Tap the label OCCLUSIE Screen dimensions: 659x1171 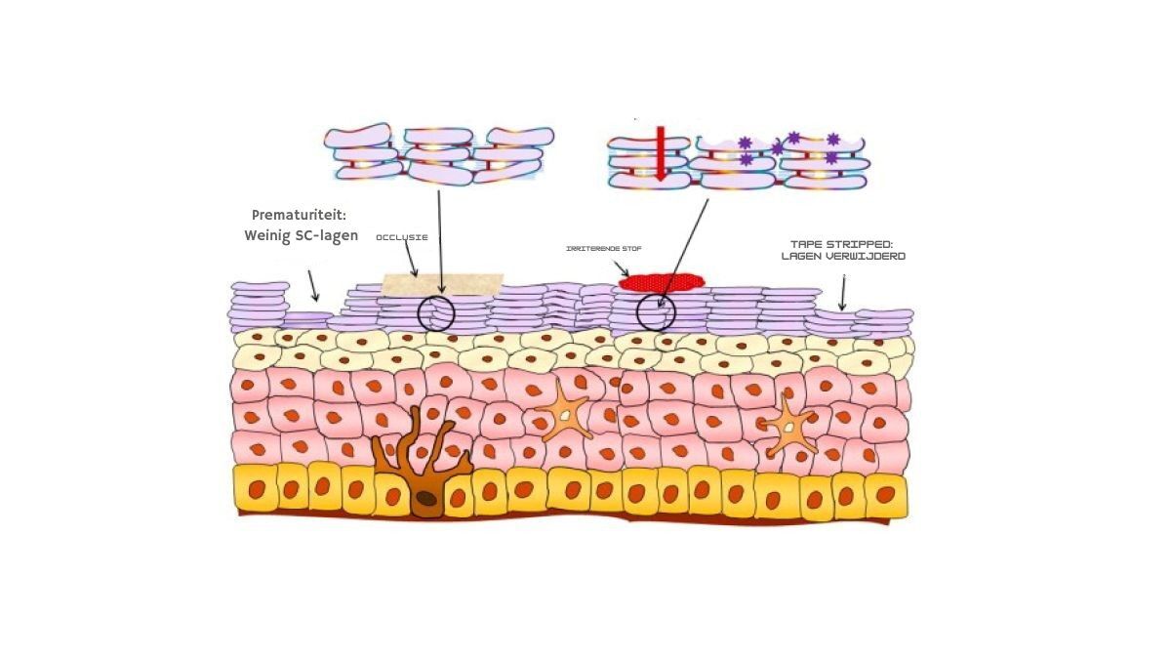tap(402, 237)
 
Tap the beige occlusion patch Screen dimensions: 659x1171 tap(441, 284)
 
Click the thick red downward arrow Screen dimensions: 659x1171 tap(659, 153)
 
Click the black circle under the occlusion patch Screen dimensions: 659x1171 tap(436, 312)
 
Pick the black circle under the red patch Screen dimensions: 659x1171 tap(655, 313)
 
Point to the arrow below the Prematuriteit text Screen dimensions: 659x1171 tap(312, 286)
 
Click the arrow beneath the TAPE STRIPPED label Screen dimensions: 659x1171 tap(842, 294)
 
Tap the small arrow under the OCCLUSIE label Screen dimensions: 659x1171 tap(412, 261)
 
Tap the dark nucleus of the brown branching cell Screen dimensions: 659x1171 tap(426, 500)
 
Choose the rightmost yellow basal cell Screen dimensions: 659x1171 tap(886, 495)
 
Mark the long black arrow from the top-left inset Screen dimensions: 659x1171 tap(439, 244)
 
